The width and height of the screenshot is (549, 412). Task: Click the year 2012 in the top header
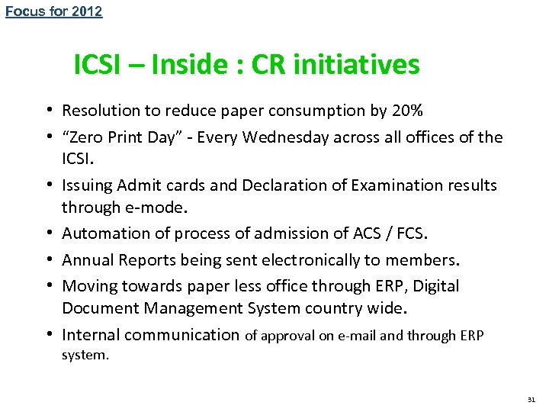click(x=87, y=11)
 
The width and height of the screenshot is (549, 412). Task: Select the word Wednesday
click(x=338, y=137)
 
